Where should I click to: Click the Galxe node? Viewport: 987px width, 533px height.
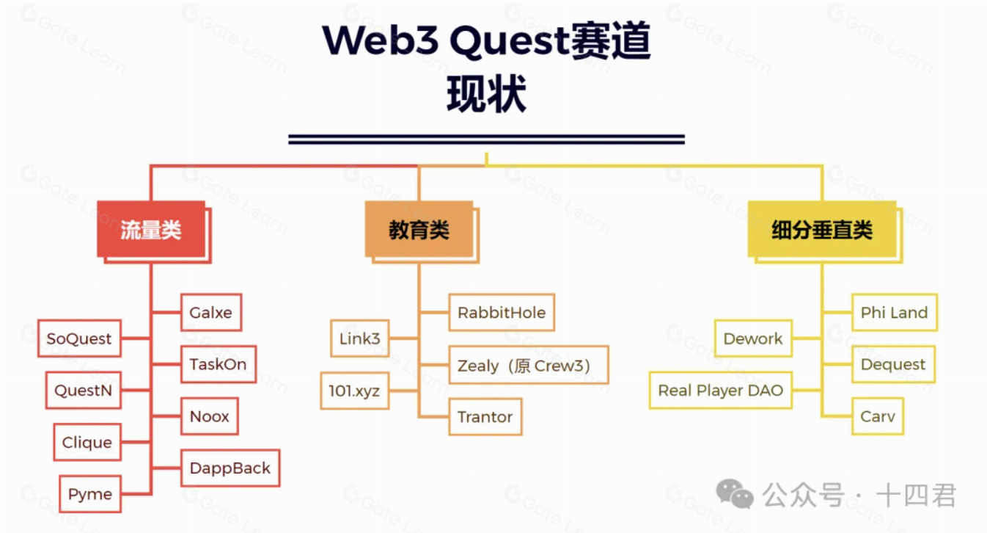tap(211, 313)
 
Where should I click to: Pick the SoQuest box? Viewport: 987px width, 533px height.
tap(79, 338)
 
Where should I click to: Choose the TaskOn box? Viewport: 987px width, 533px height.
tap(219, 364)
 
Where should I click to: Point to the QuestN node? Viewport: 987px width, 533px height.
tap(84, 391)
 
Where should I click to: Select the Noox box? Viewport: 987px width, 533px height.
tap(210, 416)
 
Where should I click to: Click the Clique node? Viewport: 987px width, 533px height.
tap(87, 443)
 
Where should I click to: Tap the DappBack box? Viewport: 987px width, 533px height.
tap(230, 468)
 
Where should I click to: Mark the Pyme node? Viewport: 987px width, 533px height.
tap(90, 494)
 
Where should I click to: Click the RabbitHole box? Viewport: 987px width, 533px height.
tap(502, 313)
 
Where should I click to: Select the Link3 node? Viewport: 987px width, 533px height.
tap(359, 338)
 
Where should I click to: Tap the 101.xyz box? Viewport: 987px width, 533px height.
tap(354, 391)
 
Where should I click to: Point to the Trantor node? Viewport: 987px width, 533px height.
tap(485, 417)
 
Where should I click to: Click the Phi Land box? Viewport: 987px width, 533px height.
tap(894, 313)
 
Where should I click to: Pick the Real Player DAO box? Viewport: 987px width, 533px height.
tap(721, 391)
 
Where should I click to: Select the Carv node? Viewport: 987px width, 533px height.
tap(878, 416)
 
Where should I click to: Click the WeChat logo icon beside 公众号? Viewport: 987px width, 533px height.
tap(735, 495)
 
